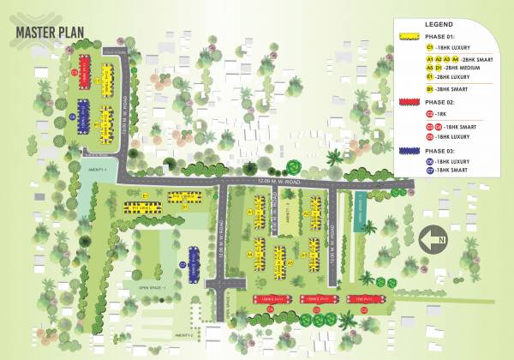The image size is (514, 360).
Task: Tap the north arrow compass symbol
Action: tap(435, 236)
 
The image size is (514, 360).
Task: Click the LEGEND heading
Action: tap(439, 25)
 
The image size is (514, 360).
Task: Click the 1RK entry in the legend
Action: tap(444, 113)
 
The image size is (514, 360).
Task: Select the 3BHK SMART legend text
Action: tap(451, 88)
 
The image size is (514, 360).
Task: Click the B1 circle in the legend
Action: tap(429, 88)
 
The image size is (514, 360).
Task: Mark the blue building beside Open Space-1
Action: tap(194, 262)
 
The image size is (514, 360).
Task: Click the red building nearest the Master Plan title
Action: tap(85, 71)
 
